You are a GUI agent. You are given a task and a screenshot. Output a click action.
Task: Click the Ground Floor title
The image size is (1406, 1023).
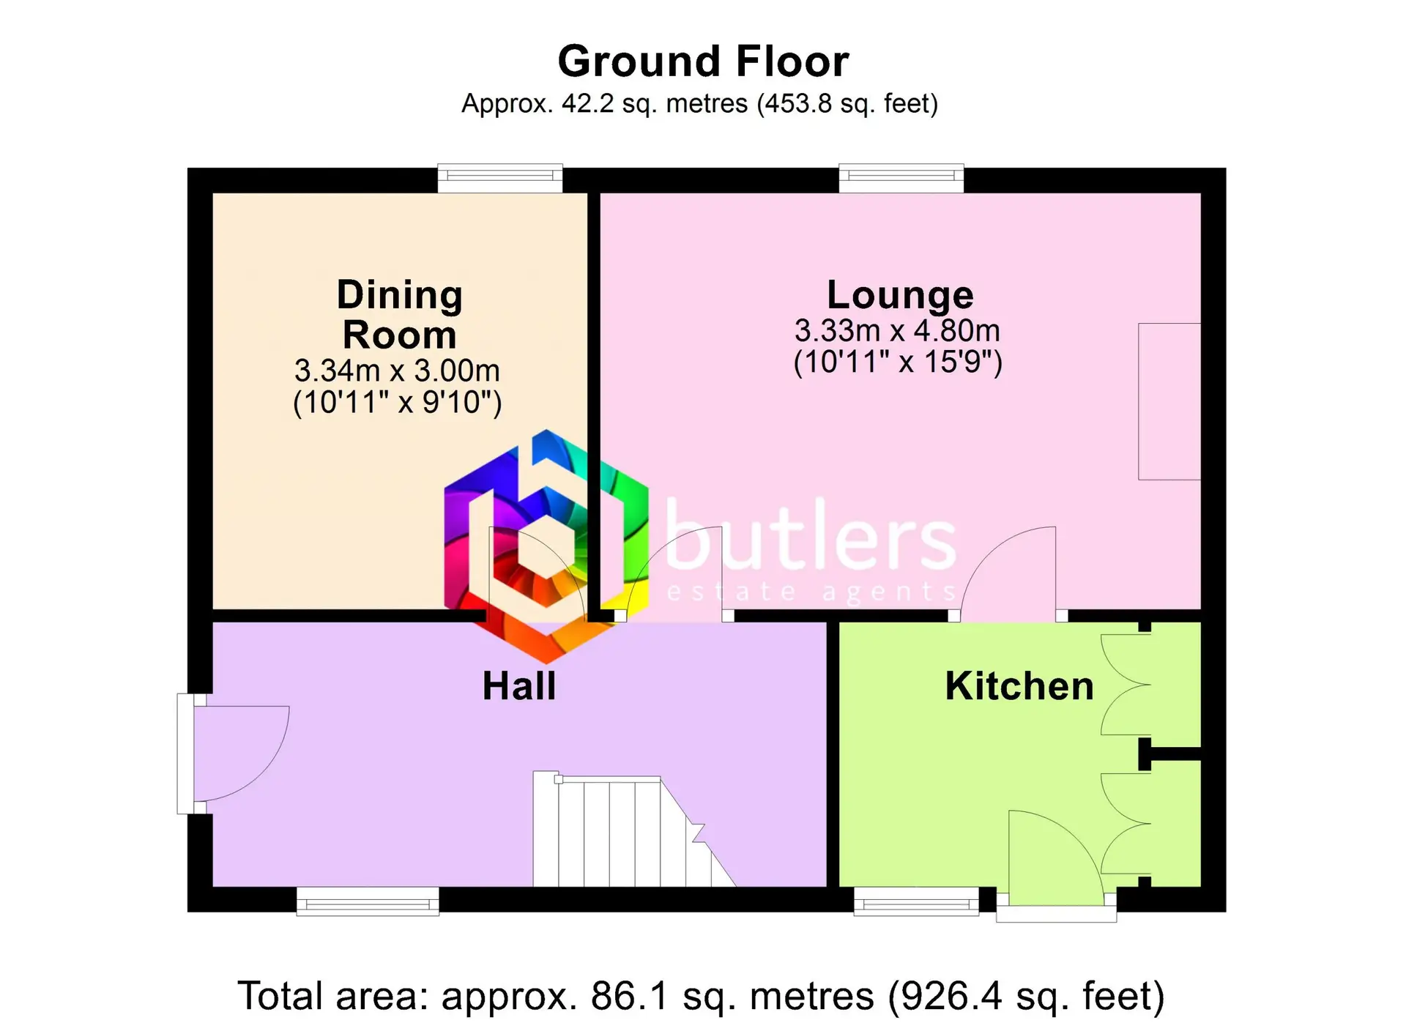click(x=703, y=61)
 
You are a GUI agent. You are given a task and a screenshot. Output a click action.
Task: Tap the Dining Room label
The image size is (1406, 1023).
click(x=400, y=315)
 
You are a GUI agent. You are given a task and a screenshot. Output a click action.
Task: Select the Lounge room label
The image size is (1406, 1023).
click(x=900, y=295)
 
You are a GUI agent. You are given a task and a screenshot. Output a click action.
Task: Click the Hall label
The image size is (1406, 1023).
click(x=519, y=686)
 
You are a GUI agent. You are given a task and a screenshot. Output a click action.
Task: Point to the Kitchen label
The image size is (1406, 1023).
click(x=1019, y=686)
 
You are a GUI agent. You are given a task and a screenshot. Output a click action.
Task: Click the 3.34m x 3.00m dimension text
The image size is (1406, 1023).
click(x=397, y=371)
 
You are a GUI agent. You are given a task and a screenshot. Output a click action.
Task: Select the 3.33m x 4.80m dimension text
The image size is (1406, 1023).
click(x=897, y=331)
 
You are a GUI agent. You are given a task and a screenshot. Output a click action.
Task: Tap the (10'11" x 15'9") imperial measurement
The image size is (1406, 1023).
click(x=898, y=362)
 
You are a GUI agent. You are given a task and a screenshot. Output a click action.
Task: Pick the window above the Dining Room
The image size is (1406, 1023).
click(x=500, y=178)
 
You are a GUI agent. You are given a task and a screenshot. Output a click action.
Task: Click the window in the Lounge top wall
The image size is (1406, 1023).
click(x=901, y=178)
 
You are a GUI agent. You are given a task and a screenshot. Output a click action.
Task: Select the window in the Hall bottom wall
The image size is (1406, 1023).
click(x=368, y=901)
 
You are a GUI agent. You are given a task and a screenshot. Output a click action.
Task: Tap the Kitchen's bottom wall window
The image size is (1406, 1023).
click(x=916, y=901)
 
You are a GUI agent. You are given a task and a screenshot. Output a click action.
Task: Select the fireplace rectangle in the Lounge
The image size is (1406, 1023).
click(x=1169, y=401)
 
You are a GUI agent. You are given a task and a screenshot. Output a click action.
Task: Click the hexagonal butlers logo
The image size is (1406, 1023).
click(x=546, y=546)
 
